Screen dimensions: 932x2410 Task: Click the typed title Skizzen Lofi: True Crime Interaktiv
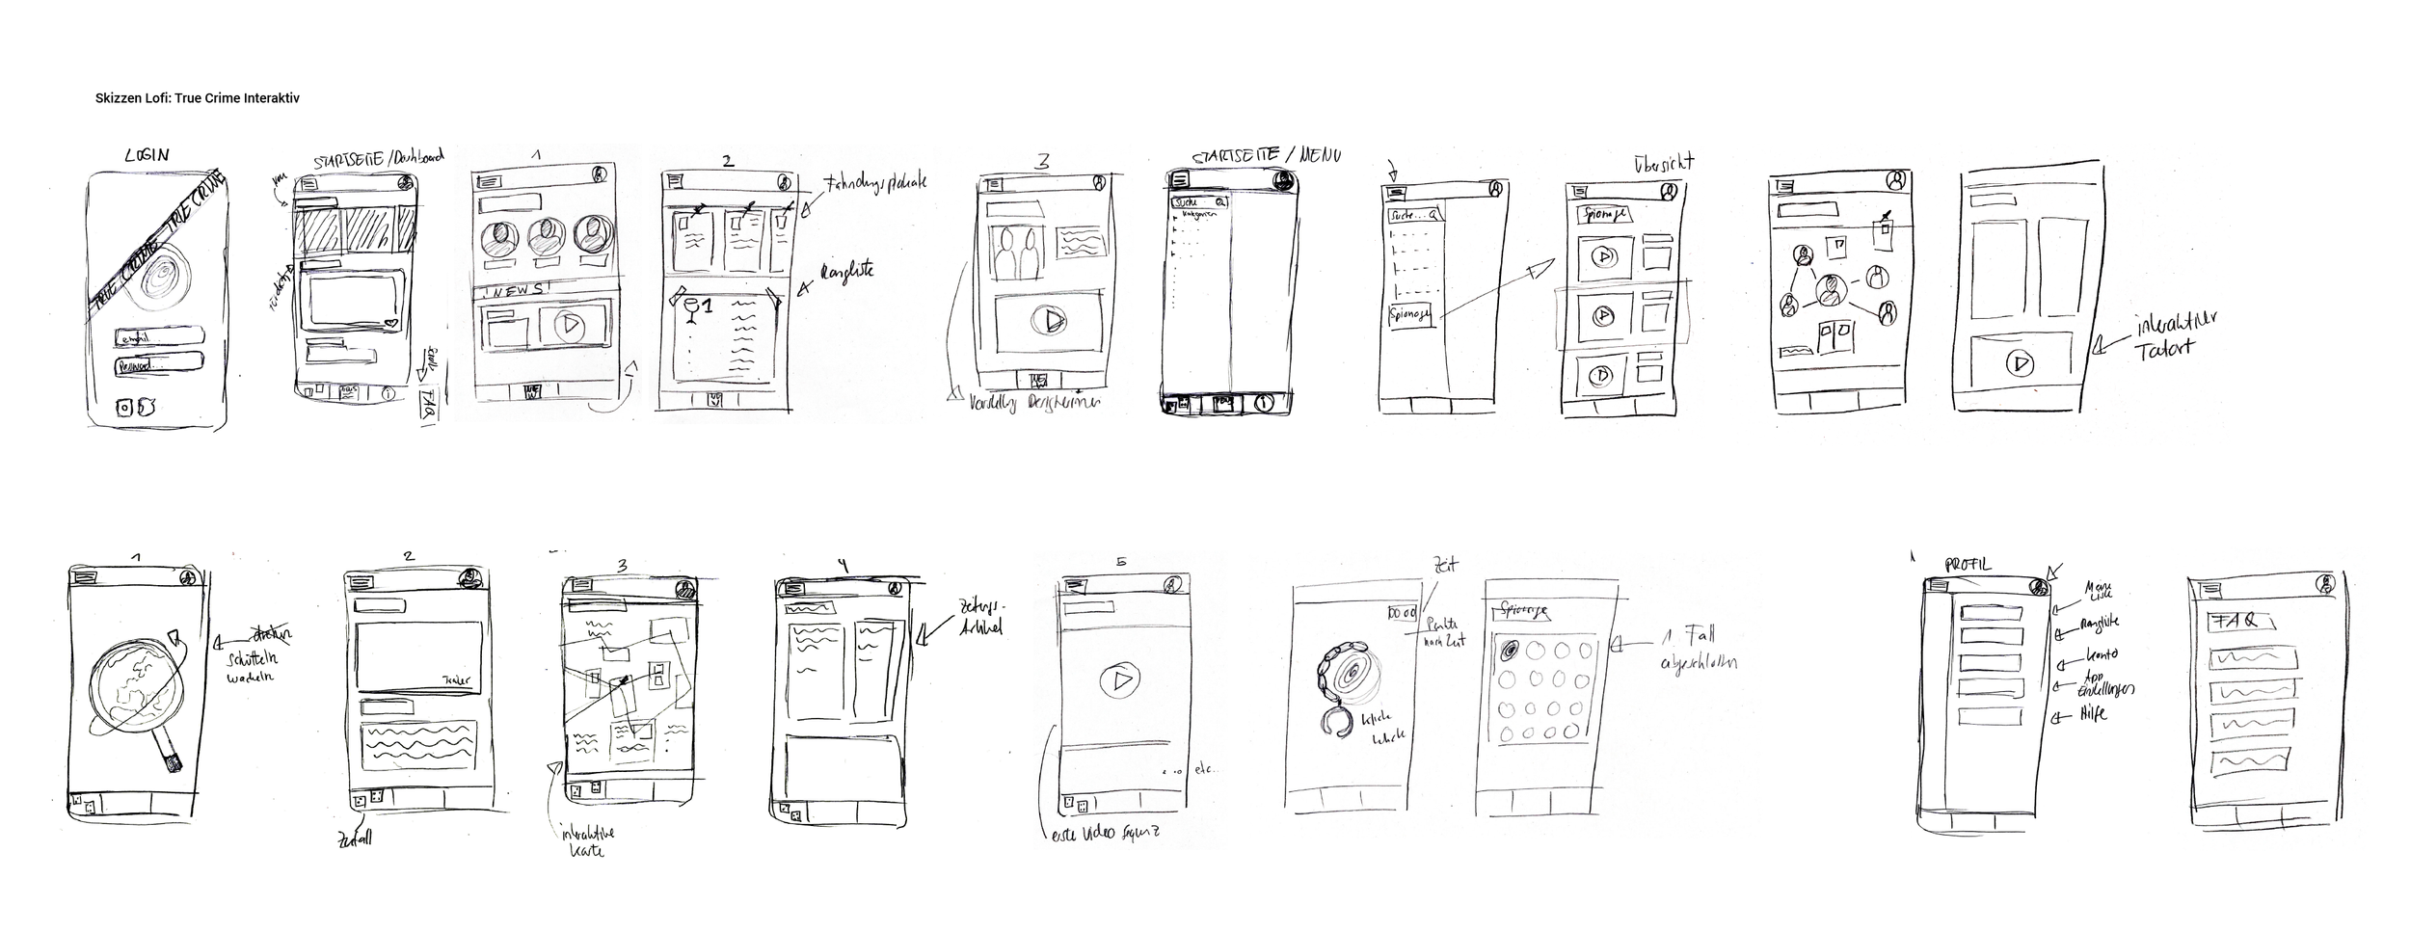tap(198, 98)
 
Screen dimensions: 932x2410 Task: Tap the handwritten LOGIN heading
tap(147, 155)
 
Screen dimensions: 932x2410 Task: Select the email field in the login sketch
tap(158, 336)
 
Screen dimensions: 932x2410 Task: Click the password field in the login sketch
tap(158, 365)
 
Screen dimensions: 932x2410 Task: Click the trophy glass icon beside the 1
tap(690, 309)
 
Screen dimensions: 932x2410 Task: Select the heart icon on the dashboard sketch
tap(389, 324)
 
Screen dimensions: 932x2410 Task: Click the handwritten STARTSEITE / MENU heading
tap(1266, 155)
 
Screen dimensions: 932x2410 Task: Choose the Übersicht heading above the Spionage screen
tap(1664, 163)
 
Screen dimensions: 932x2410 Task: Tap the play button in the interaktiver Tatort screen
tap(2022, 363)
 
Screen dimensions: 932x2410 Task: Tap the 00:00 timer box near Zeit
tap(1402, 613)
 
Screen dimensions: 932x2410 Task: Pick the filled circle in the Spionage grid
tap(1511, 651)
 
